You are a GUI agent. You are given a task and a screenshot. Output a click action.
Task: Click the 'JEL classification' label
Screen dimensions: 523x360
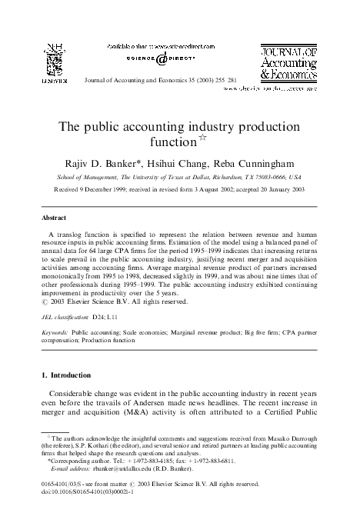tap(67, 316)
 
